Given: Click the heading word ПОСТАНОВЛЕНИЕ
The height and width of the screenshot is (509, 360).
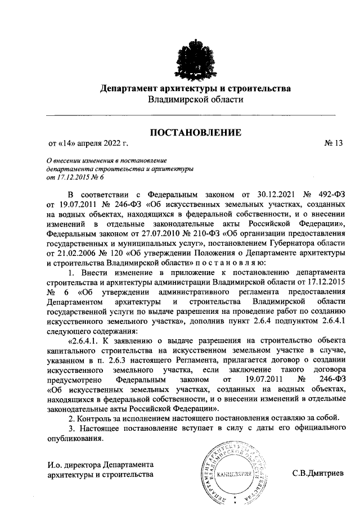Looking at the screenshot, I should (195, 133).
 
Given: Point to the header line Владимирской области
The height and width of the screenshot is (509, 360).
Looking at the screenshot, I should (195, 100).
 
